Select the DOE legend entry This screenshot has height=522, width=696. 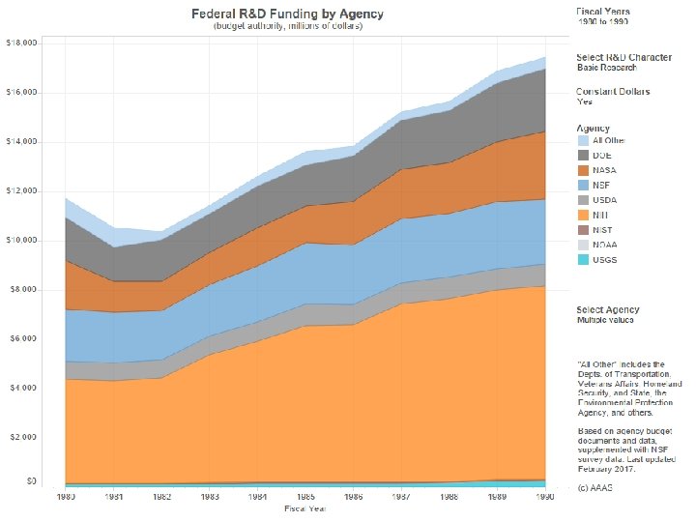click(x=601, y=155)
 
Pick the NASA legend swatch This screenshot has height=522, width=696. click(x=584, y=170)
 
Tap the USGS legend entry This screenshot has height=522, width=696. click(x=603, y=260)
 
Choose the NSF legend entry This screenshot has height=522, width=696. click(x=600, y=185)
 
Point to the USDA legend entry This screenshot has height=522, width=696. click(x=603, y=200)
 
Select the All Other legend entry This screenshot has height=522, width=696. click(x=608, y=140)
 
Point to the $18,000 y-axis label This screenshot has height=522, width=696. click(x=22, y=43)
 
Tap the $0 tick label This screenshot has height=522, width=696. click(x=32, y=480)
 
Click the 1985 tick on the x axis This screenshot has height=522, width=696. click(x=304, y=497)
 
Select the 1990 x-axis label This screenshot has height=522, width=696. click(x=545, y=497)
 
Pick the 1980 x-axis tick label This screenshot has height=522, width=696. click(x=65, y=497)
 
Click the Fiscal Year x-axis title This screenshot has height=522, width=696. click(x=304, y=508)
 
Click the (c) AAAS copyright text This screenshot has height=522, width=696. click(x=594, y=487)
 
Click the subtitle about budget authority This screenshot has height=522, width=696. click(x=288, y=27)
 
